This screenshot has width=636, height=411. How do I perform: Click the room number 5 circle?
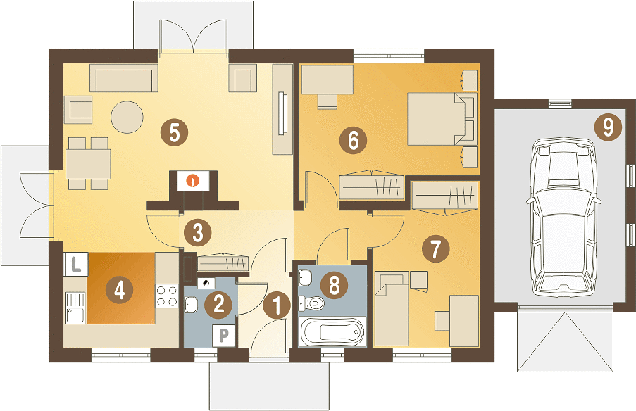click(174, 132)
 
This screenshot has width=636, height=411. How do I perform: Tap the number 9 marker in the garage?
click(608, 127)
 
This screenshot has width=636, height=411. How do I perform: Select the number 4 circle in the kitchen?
click(119, 290)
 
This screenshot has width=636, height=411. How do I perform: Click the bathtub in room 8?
click(332, 331)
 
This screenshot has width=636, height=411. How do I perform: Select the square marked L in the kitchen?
click(76, 265)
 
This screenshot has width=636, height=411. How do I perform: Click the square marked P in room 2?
click(224, 336)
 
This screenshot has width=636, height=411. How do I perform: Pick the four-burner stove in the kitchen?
click(167, 296)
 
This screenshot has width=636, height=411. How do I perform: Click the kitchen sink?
click(75, 308)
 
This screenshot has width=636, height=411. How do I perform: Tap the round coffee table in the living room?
click(127, 117)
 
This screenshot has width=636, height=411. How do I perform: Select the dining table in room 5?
click(89, 164)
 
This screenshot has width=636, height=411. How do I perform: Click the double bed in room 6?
click(442, 119)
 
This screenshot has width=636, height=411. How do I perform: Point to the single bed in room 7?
click(392, 308)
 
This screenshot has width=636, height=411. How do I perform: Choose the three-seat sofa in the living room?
click(123, 77)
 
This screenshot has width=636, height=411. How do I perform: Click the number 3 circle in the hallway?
click(197, 233)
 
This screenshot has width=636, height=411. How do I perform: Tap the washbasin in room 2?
click(191, 305)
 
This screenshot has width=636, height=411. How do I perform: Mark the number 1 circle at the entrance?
click(277, 305)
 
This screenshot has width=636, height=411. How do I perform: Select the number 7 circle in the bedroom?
click(436, 248)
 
